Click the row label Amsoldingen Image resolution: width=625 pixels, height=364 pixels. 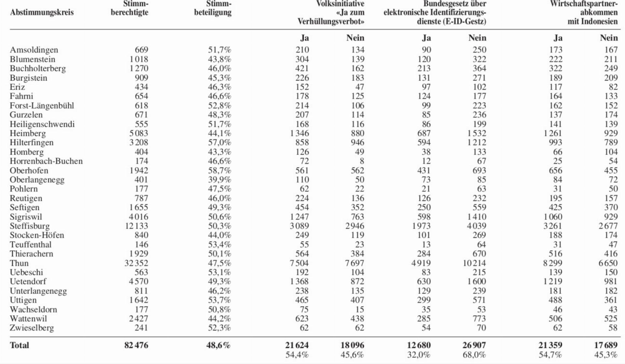point(34,50)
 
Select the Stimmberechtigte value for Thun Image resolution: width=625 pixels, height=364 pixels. point(136,263)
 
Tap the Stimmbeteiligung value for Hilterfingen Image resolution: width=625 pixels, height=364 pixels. point(219,142)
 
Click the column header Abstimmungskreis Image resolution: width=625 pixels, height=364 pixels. point(42,13)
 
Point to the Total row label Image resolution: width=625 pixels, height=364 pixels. point(19,345)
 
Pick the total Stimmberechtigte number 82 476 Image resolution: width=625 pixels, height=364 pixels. point(136,345)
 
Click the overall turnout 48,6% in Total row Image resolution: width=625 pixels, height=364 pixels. point(218,345)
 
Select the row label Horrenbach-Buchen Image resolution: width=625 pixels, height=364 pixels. point(46,161)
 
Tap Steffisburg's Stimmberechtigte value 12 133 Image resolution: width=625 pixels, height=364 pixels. point(136,226)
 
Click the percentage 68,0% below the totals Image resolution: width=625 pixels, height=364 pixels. point(474,355)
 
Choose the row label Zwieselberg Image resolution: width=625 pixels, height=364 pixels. point(32,328)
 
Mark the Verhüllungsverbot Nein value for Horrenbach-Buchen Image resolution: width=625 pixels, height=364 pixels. point(362,161)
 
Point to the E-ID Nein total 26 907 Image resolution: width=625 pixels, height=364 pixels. point(474,345)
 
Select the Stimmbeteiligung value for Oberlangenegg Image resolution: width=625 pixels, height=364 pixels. point(219,179)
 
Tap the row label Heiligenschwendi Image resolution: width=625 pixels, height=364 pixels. point(42,124)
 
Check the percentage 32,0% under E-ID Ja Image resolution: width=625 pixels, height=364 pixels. point(419,355)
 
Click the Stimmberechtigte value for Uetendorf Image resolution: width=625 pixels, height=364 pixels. point(138,281)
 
